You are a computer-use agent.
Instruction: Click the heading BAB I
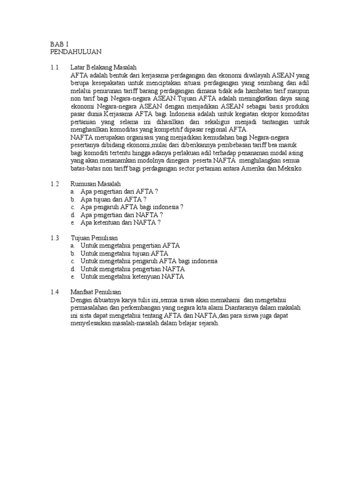[x=60, y=44]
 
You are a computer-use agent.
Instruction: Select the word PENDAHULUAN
[x=75, y=51]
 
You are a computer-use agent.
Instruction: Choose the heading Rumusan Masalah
[x=96, y=184]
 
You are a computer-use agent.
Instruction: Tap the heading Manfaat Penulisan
[x=95, y=292]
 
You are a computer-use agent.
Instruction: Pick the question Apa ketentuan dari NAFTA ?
[x=120, y=222]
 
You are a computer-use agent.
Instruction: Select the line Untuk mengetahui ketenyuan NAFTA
[x=132, y=277]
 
